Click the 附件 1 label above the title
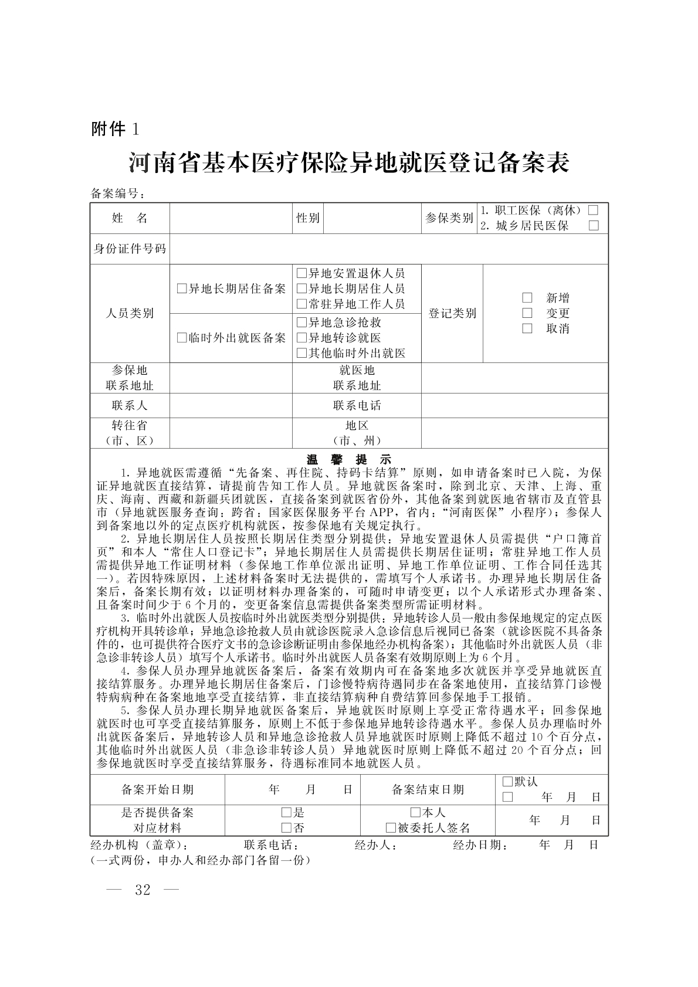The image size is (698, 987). point(115,128)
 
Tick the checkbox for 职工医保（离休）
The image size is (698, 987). point(593,210)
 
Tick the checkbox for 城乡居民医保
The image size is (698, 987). point(593,226)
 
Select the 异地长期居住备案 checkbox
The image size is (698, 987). point(182,289)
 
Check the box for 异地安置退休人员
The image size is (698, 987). point(301,273)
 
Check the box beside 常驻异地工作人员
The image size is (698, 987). point(301,304)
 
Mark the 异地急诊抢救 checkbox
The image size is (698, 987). point(301,322)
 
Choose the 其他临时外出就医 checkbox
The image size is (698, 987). point(301,353)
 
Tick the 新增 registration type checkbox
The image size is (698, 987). point(527,298)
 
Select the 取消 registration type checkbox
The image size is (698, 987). point(527,328)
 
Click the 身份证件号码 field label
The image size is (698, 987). point(130,249)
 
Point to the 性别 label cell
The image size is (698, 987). point(307,218)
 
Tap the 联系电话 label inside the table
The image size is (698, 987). point(357,405)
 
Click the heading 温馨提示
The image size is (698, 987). point(349,459)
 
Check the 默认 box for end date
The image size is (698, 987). point(507,782)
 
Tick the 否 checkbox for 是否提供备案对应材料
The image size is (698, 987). point(287,828)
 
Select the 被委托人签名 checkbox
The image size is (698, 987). point(391,828)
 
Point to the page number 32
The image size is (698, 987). point(143,890)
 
